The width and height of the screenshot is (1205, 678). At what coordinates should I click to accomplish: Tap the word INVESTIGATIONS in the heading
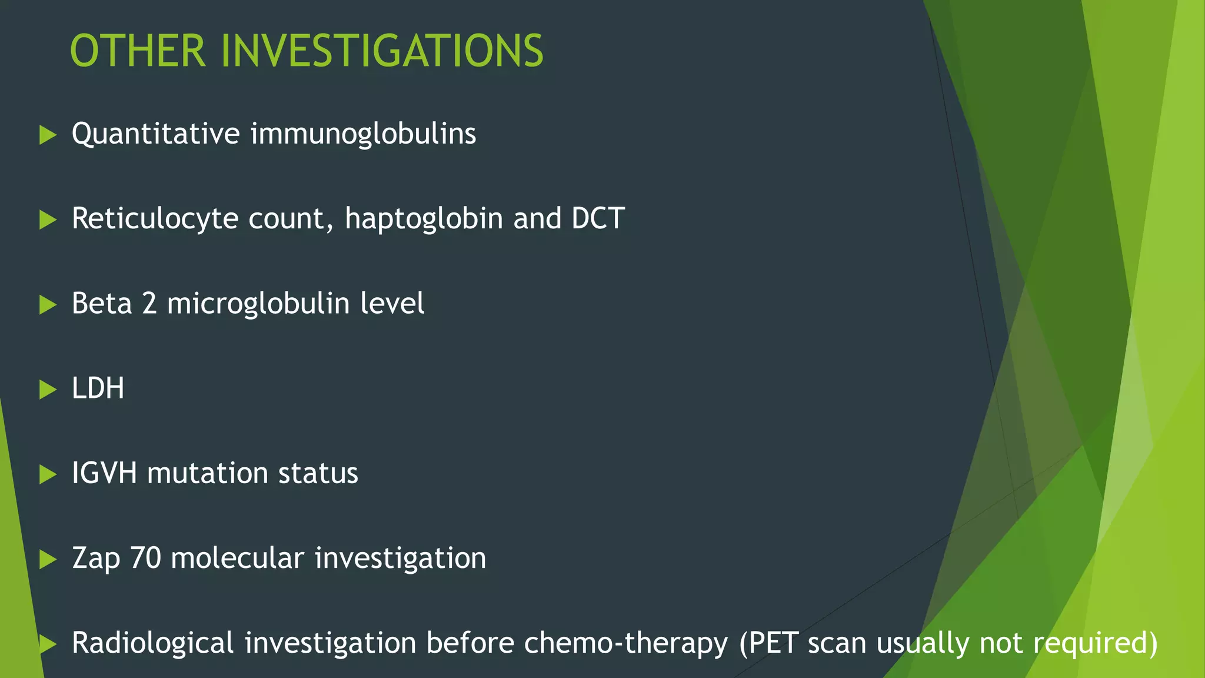382,51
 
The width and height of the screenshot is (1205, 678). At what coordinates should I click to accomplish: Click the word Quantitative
156,134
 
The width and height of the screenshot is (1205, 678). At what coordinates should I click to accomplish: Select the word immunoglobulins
363,134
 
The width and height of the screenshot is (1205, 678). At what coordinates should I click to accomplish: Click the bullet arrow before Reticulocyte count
47,220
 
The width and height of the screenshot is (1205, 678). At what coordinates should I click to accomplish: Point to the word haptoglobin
424,219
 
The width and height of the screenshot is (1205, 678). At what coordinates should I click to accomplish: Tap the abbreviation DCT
598,218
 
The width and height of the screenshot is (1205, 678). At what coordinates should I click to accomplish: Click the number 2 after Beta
149,304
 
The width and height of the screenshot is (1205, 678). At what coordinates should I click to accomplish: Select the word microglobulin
258,304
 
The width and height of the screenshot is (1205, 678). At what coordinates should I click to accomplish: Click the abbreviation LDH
98,388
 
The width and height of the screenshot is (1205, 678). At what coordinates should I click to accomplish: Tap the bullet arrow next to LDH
47,389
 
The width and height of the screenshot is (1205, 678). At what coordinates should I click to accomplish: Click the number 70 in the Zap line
145,558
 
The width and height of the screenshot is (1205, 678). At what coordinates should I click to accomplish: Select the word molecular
237,558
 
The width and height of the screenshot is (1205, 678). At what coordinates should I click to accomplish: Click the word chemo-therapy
625,643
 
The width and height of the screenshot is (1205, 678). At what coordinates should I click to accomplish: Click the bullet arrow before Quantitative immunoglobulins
47,135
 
